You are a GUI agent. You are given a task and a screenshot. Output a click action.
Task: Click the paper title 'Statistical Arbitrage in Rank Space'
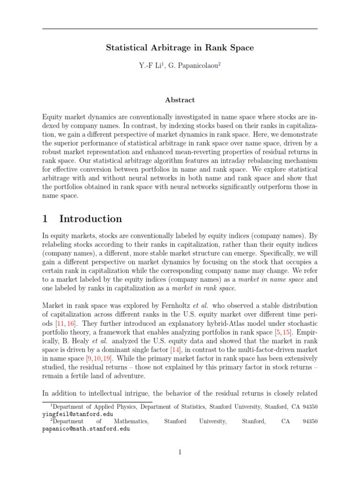coord(180,47)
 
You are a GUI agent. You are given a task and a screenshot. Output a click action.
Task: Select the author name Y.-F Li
coord(149,67)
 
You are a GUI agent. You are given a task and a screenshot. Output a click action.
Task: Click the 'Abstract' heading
coord(180,100)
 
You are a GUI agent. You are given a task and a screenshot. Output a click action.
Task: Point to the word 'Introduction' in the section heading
coord(90,219)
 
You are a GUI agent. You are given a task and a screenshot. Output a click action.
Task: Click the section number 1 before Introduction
coord(45,219)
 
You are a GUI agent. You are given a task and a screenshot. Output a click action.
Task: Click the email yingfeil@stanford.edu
coord(77,414)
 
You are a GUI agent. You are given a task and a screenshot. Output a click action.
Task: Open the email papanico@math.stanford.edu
coord(86,428)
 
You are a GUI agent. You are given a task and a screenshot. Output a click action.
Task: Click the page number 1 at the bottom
coord(180,452)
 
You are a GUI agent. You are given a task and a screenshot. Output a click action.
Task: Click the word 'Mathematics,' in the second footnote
coord(131,421)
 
